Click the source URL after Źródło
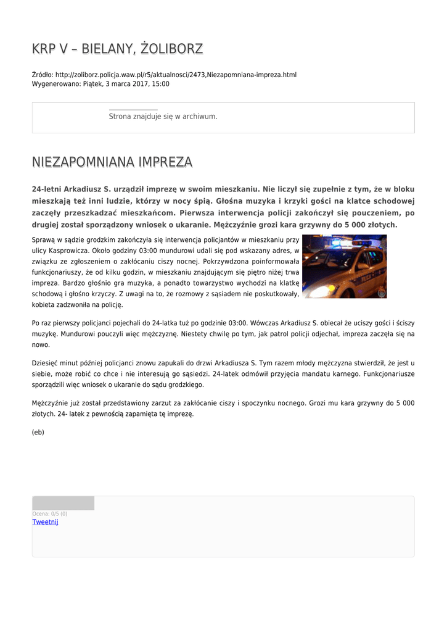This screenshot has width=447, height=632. click(x=176, y=75)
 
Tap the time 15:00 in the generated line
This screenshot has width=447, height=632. click(x=160, y=83)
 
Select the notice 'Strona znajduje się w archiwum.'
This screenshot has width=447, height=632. click(x=163, y=116)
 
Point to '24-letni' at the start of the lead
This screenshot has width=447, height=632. click(x=47, y=189)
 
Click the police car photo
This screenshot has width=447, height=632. click(x=344, y=266)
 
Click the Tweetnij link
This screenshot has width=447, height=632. click(x=45, y=522)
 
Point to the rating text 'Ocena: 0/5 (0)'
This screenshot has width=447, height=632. click(x=50, y=513)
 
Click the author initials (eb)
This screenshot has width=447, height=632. click(x=38, y=432)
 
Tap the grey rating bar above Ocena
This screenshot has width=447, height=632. click(x=63, y=503)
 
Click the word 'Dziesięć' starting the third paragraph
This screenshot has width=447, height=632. click(x=45, y=363)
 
